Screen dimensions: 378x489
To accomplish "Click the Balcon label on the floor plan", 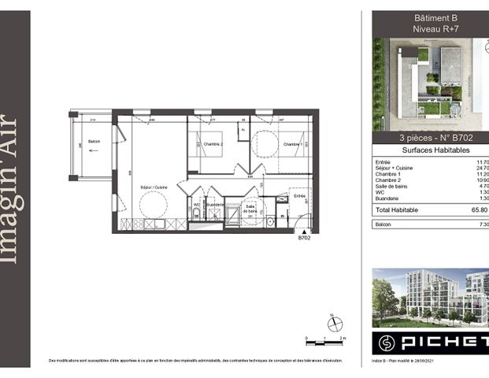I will [94, 142].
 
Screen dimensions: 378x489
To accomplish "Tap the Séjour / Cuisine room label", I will [150, 187].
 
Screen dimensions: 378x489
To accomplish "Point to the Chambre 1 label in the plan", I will [292, 144].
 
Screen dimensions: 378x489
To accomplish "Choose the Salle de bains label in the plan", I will [252, 209].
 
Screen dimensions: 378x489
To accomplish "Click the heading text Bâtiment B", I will [435, 17].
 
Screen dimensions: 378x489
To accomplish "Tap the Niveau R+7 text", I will [435, 29].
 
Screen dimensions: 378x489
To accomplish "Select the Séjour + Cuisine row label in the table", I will [397, 169].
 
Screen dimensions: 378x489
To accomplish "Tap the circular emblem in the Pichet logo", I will [387, 344].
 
